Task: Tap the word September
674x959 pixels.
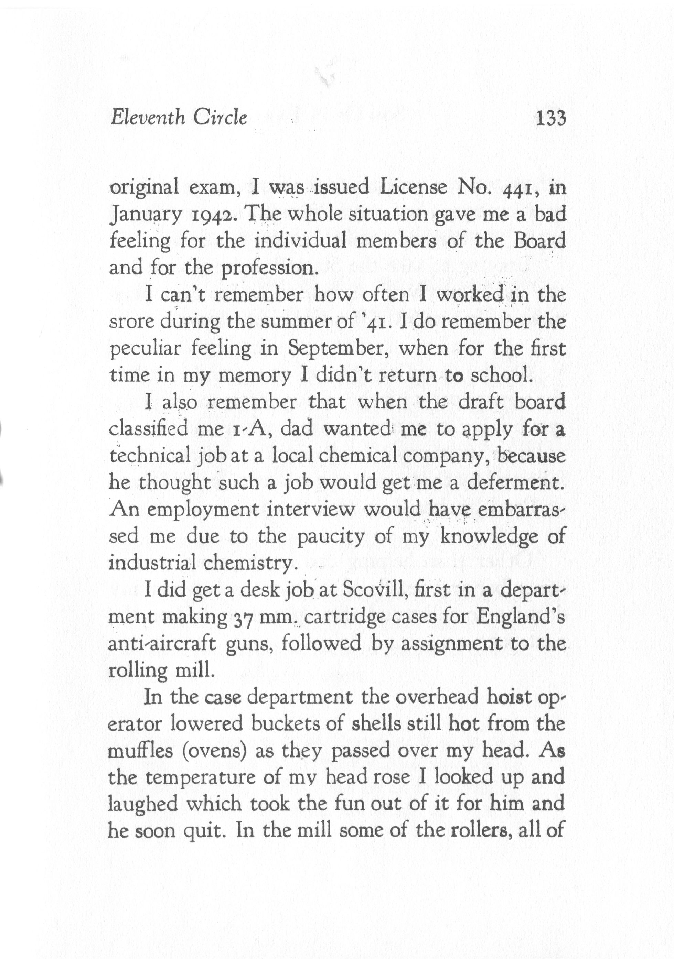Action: tap(334, 349)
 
